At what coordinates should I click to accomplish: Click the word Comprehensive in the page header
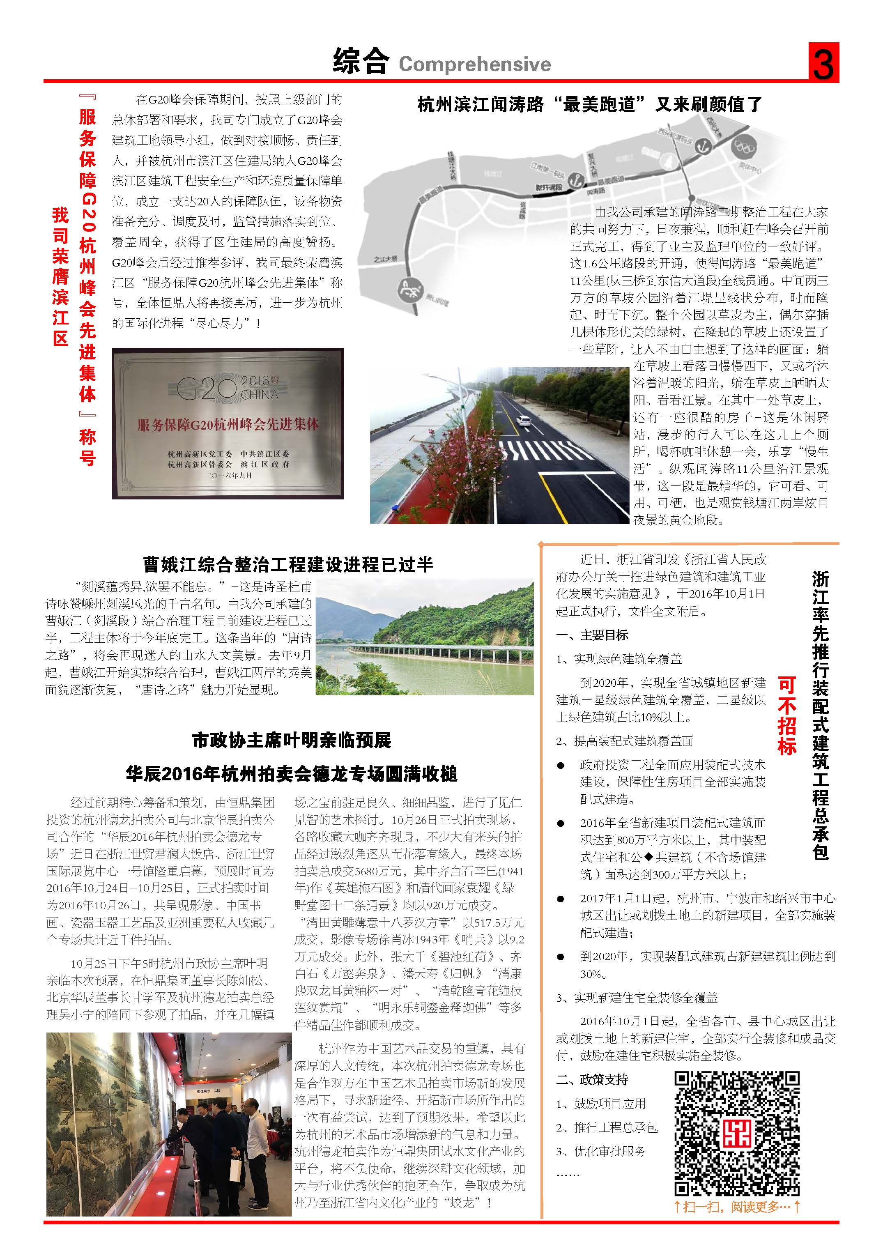474,64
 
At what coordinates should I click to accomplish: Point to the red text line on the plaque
228,424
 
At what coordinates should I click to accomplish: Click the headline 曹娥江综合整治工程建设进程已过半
288,564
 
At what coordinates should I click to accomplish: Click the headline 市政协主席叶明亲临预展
292,740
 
